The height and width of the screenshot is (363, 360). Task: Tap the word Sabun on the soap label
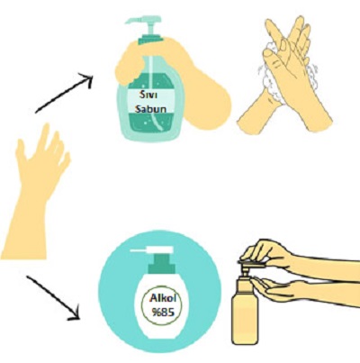[150, 108]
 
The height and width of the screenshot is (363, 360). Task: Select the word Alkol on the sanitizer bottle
[163, 299]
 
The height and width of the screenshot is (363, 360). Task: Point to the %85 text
[163, 313]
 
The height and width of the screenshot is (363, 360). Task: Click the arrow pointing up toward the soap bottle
[64, 93]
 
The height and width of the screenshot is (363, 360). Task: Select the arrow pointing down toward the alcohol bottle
[53, 297]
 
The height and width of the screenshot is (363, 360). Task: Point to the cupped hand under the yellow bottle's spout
[297, 288]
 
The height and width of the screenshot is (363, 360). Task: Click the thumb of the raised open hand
[21, 150]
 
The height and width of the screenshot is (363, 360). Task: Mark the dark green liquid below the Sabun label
[151, 123]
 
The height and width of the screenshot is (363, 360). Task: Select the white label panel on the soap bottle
[151, 101]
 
